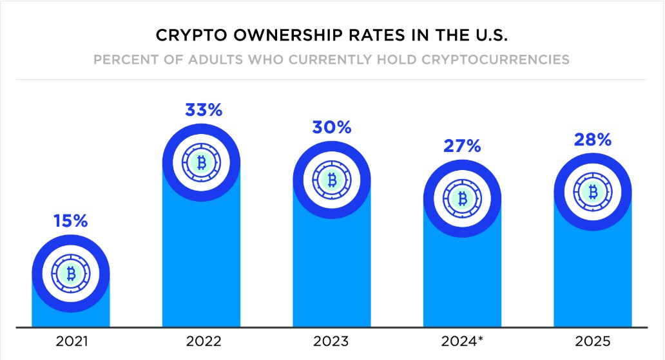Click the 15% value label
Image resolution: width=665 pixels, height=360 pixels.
click(x=71, y=221)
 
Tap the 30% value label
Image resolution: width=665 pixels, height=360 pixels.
click(x=332, y=127)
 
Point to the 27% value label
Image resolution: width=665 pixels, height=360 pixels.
click(x=462, y=146)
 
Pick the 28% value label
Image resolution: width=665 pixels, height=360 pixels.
click(x=592, y=140)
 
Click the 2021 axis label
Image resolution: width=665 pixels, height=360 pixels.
click(x=71, y=341)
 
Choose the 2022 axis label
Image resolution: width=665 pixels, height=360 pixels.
click(x=201, y=341)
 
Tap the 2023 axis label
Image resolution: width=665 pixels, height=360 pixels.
click(x=332, y=341)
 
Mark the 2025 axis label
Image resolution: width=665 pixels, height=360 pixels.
click(x=592, y=341)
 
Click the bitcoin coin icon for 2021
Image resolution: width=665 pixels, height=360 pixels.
click(x=71, y=274)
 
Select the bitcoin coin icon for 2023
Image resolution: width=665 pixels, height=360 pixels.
click(x=332, y=180)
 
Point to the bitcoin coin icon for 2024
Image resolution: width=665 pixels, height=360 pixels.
click(x=462, y=198)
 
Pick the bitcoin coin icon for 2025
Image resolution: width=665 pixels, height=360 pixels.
click(x=592, y=192)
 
